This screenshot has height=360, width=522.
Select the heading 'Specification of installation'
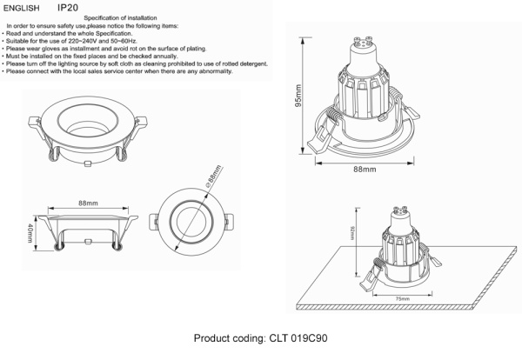click(x=124, y=17)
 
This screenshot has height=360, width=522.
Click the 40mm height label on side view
click(x=32, y=234)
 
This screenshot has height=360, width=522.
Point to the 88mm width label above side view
click(x=88, y=203)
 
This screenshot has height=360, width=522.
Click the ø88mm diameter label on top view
click(x=211, y=177)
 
